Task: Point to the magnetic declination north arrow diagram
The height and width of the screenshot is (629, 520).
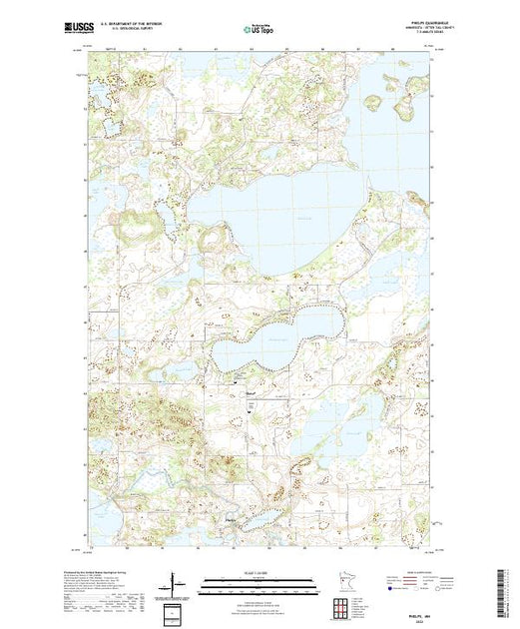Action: point(176,582)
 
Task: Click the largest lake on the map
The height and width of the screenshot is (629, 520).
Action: point(289,215)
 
